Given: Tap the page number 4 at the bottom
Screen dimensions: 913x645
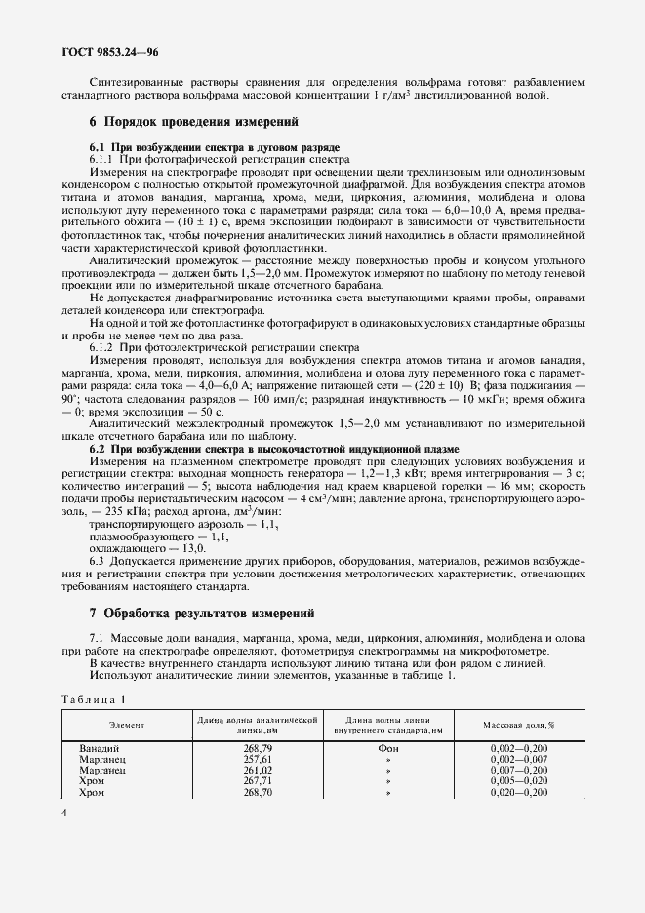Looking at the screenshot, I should [x=64, y=812].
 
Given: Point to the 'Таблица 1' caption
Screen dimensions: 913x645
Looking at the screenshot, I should [x=95, y=699].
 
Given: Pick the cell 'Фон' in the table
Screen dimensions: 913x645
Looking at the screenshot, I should [x=388, y=747].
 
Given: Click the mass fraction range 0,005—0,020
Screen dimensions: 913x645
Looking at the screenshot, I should [x=518, y=780].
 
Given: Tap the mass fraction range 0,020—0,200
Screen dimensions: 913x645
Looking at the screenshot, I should [x=518, y=792].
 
